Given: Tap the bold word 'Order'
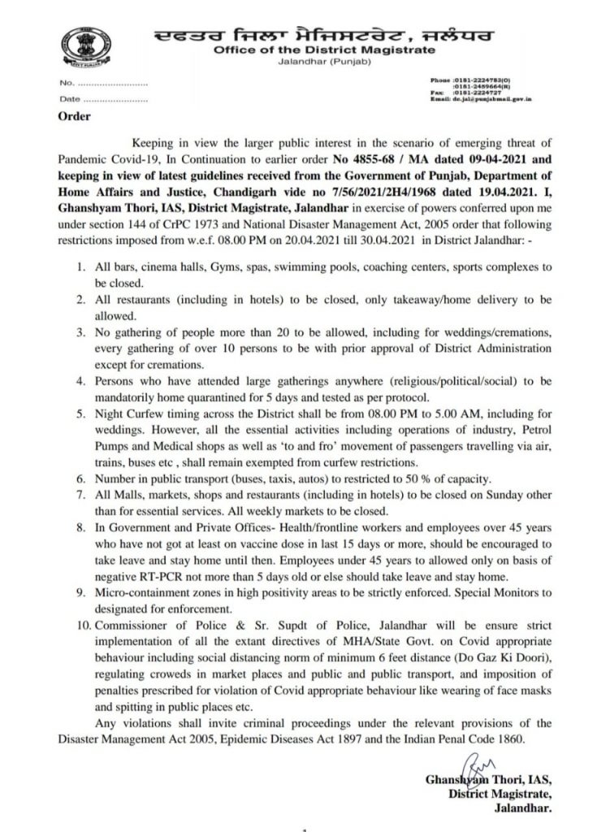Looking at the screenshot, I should point(73,116).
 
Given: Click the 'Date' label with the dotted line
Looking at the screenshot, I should point(69,99).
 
